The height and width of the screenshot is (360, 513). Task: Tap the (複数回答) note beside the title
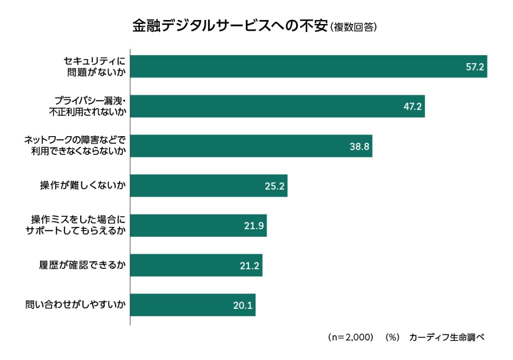[354, 27]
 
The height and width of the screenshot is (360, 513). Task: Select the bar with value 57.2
[308, 66]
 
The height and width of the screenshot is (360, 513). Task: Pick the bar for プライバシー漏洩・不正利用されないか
[277, 106]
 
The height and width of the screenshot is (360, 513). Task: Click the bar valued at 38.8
[250, 146]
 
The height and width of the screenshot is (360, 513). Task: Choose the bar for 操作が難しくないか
[208, 186]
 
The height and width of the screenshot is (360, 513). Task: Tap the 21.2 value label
[249, 265]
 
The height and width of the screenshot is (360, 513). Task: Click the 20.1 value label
[242, 305]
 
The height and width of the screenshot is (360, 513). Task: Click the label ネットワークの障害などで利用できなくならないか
[75, 146]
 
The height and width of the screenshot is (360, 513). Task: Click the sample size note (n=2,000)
[350, 337]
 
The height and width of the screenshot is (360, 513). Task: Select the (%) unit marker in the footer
[392, 337]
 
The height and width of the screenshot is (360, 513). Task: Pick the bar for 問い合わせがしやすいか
[193, 305]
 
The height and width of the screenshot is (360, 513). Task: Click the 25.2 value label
[275, 186]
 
